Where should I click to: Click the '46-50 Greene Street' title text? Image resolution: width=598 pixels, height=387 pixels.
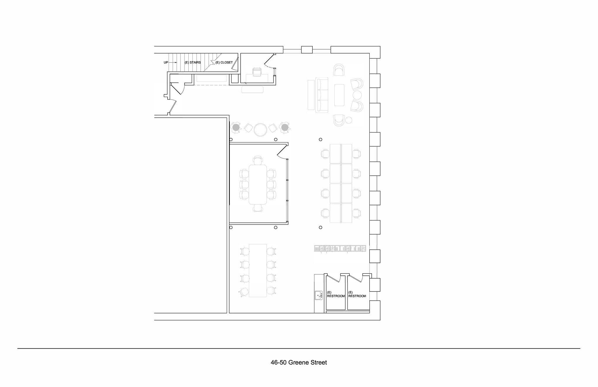pos(299,362)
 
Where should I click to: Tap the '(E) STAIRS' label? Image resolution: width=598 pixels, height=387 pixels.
pos(193,63)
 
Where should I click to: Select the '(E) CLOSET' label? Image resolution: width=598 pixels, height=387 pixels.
pos(224,63)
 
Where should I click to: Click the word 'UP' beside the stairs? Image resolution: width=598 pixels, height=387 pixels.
pos(166,63)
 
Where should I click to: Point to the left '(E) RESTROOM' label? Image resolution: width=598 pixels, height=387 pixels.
pos(336,294)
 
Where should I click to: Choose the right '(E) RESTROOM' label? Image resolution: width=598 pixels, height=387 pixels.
pos(357,294)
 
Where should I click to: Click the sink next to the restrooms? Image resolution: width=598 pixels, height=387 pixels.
pos(318,295)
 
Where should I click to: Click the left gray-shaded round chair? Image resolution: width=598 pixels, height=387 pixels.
pos(236,128)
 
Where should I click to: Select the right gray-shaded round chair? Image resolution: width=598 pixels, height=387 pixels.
pos(285,128)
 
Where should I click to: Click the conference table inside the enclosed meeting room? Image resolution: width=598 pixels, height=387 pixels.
pos(258,184)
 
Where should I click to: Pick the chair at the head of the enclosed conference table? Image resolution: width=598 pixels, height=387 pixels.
pos(258,160)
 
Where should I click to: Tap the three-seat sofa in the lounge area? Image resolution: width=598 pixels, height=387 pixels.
pos(322,95)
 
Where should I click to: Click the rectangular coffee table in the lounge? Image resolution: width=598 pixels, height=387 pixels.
pos(339,95)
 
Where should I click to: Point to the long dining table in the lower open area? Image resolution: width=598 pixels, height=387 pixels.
pos(258,270)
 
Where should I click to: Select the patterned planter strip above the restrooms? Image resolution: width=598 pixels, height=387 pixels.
pos(340,249)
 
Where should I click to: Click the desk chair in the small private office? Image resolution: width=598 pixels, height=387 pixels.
pos(257,72)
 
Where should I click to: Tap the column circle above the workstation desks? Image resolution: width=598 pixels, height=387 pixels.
pos(321,140)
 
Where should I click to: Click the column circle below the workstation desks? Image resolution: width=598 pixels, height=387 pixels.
pos(321,228)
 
